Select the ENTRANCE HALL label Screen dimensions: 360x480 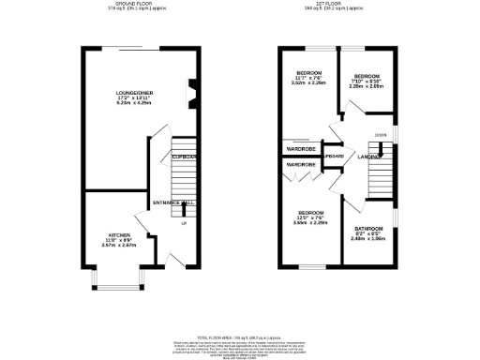pos(174,202)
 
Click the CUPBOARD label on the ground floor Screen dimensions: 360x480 pos(184,157)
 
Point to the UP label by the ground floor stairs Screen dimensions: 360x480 pos(184,224)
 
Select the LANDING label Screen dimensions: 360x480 pos(367,157)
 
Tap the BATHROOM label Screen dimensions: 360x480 pos(368,229)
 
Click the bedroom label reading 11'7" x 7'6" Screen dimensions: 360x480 pos(310,73)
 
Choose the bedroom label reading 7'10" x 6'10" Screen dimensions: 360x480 pos(366,76)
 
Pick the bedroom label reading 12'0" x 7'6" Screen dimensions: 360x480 pos(310,212)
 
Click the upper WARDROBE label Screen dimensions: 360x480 pos(300,148)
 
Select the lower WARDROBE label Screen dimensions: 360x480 pos(301,165)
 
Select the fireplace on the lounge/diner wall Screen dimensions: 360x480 pos(191,92)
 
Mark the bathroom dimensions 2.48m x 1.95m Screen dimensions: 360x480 pos(368,239)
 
